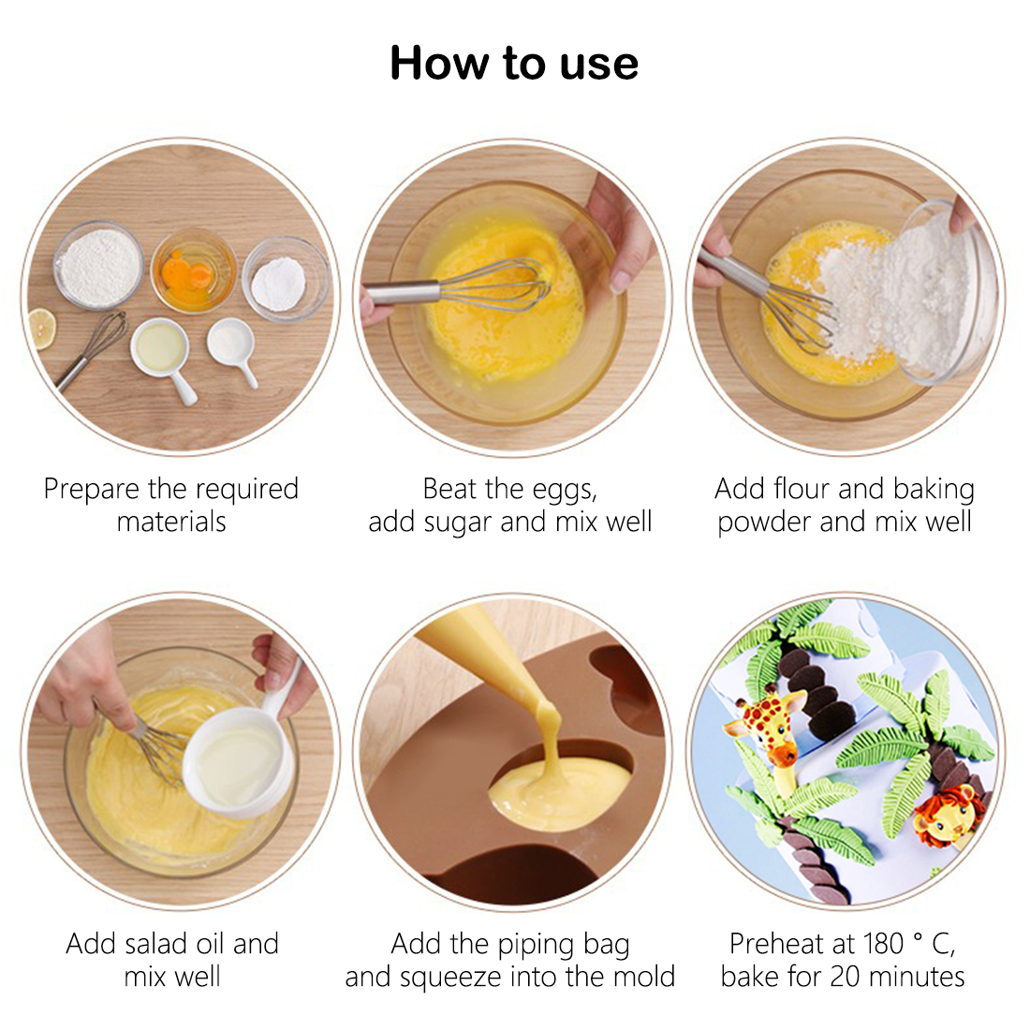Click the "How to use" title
(x=514, y=63)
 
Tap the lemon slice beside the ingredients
(x=40, y=328)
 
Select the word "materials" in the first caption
(x=171, y=522)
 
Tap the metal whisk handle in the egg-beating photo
(x=402, y=292)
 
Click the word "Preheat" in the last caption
(x=776, y=944)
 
